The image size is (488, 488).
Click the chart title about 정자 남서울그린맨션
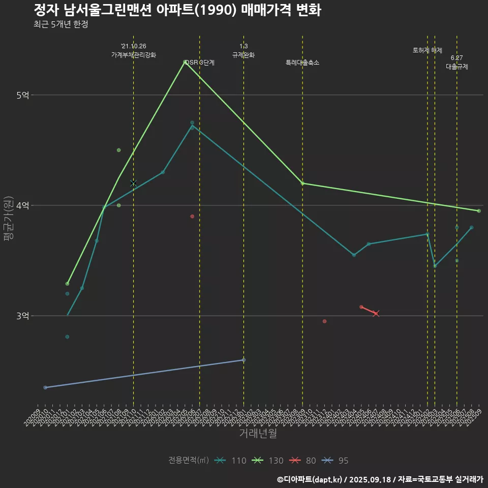click(177, 10)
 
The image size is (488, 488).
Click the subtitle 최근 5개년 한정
click(60, 24)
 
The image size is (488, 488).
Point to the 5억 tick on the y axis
click(22, 95)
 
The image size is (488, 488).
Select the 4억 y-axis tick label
click(22, 205)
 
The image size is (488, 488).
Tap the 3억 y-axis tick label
click(22, 316)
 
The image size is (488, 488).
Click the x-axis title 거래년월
click(258, 434)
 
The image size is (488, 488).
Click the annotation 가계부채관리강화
click(134, 54)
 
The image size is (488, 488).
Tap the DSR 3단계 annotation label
click(200, 63)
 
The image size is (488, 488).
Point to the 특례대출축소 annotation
click(302, 63)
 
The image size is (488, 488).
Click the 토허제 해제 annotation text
click(428, 50)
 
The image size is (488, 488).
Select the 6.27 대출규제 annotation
click(457, 62)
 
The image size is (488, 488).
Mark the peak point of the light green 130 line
click(185, 62)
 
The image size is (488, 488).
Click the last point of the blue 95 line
click(243, 360)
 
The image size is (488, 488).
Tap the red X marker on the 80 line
click(376, 314)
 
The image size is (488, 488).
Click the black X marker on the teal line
click(134, 182)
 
